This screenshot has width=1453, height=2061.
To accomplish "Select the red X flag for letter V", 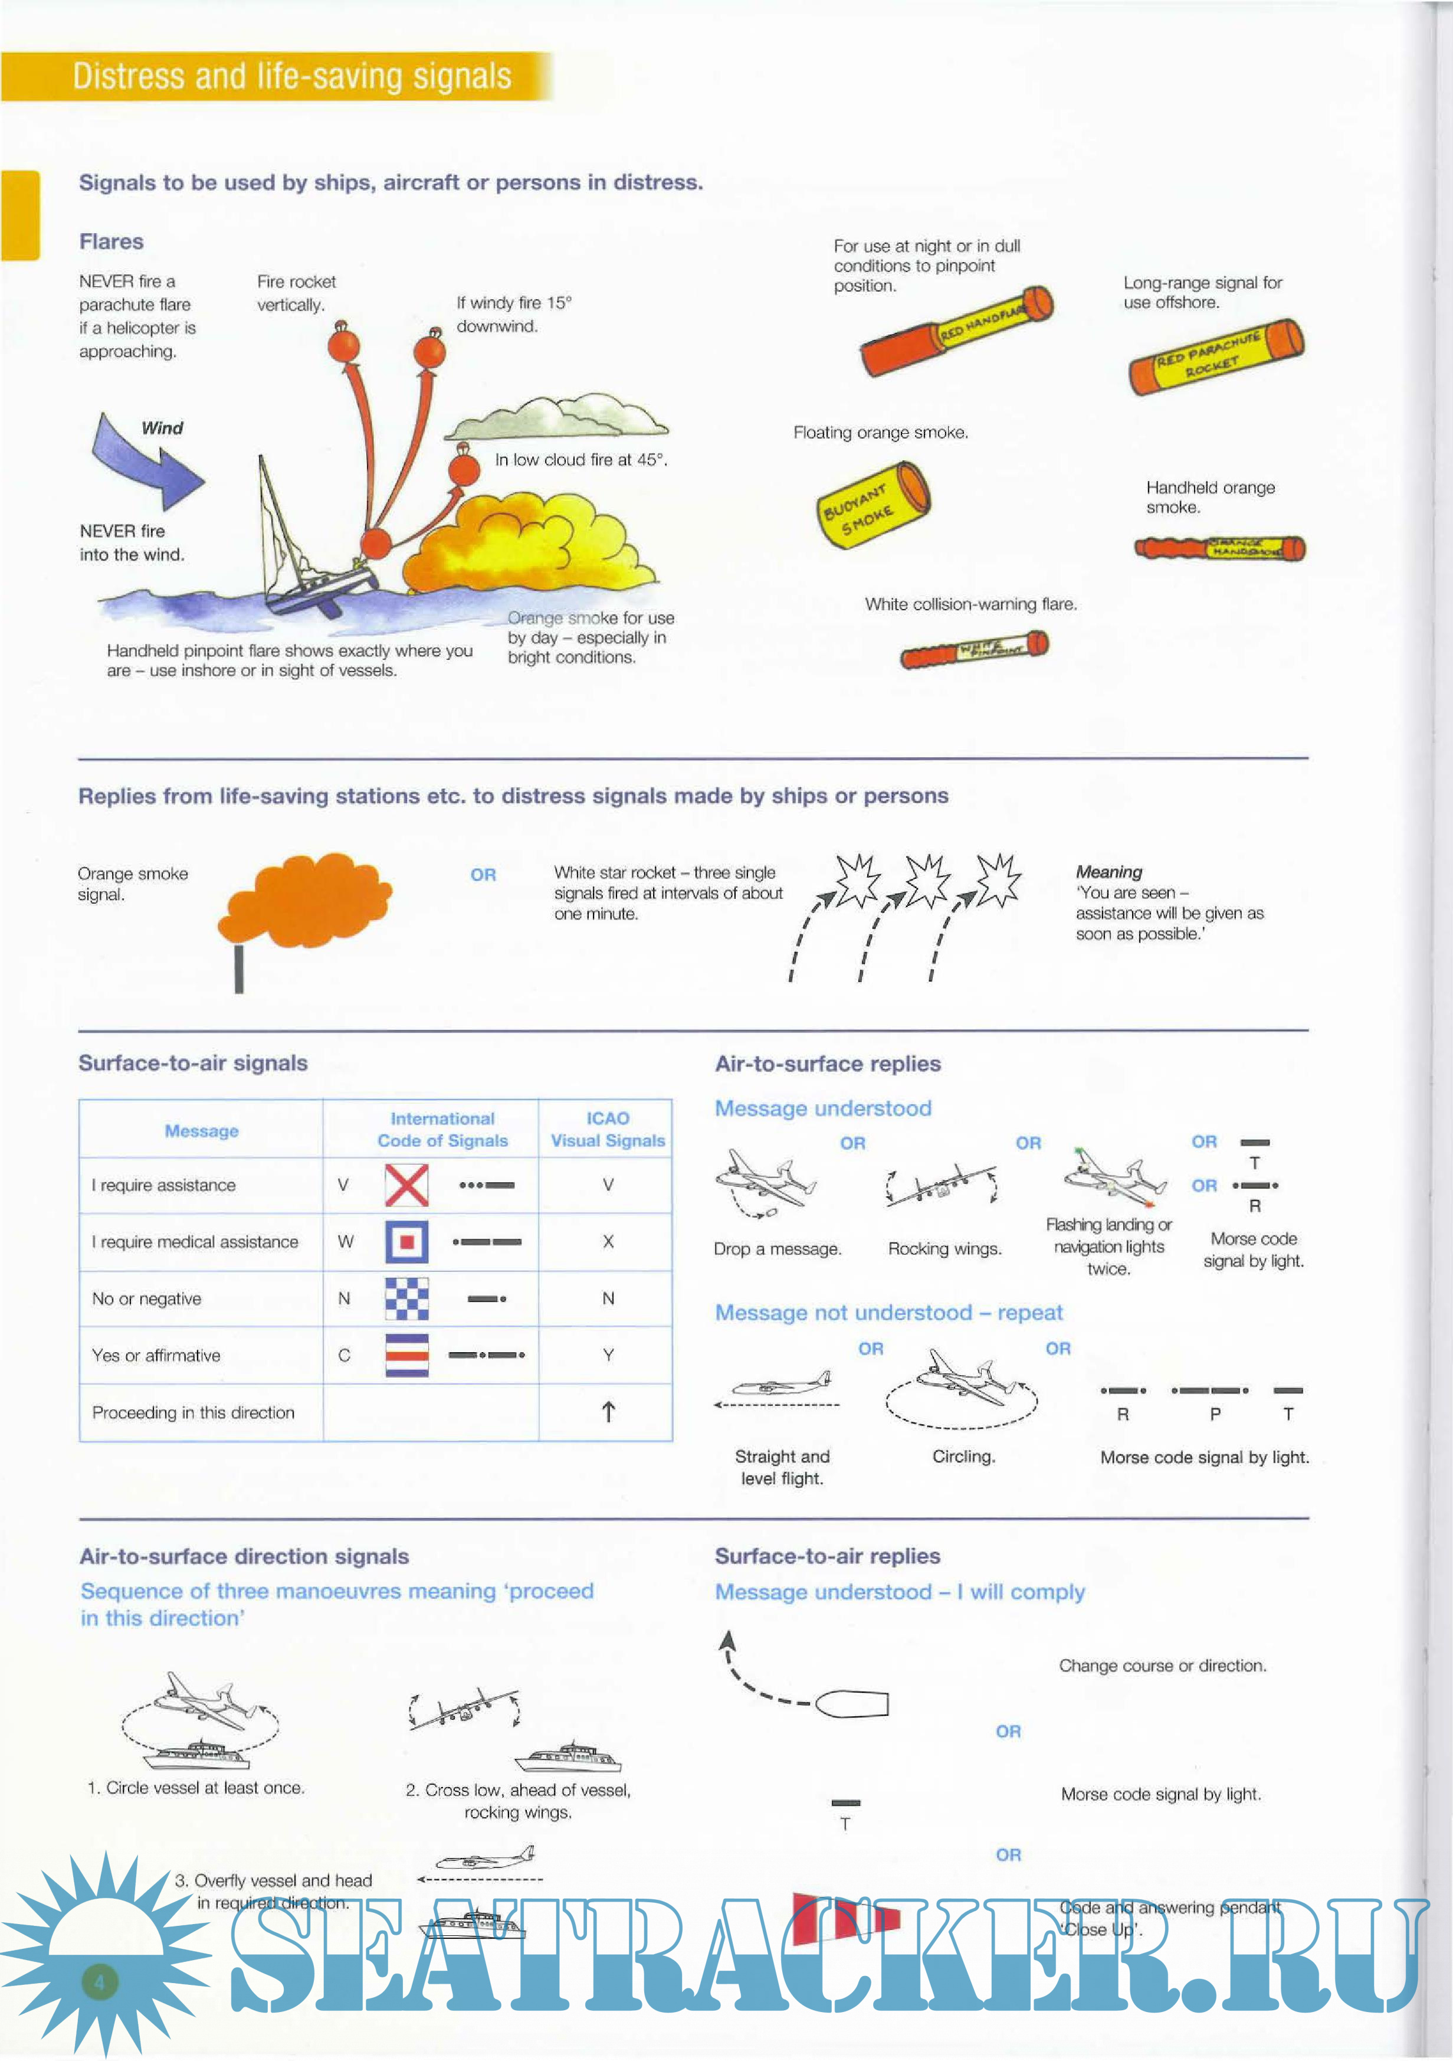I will (406, 1185).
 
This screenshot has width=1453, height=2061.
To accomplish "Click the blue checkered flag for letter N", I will (406, 1298).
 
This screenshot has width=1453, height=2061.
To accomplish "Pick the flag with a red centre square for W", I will (406, 1241).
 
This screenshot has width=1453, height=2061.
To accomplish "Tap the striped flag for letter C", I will (406, 1355).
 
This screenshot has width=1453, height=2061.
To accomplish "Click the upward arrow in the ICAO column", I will (608, 1412).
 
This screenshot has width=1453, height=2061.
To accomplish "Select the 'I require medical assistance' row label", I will (195, 1241).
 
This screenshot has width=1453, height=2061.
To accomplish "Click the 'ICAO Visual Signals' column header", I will (608, 1129).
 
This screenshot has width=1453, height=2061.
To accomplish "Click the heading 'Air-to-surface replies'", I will (828, 1064).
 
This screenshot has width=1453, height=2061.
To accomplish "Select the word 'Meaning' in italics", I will (1109, 872).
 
